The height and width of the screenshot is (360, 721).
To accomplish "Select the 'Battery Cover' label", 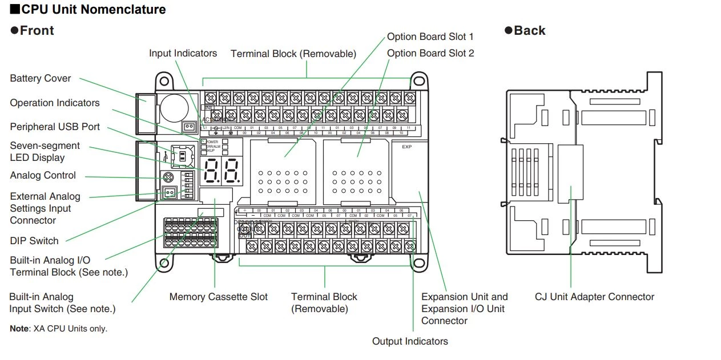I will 41,78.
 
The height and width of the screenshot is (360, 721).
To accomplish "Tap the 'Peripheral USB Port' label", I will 55,127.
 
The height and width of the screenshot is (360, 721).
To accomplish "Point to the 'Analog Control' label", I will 43,175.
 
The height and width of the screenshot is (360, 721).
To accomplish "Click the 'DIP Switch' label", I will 34,241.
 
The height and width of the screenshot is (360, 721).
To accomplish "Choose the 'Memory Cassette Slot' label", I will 218,297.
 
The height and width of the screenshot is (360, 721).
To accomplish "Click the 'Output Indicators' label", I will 410,341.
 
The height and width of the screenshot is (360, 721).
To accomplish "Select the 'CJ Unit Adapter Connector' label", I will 594,297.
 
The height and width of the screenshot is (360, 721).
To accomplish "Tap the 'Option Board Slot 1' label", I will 430,37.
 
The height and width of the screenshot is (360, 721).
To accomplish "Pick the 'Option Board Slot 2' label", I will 430,53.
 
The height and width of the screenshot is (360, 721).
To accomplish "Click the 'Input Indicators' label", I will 183,53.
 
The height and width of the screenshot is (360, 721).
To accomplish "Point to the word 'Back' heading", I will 529,31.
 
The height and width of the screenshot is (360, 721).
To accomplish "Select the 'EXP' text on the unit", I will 406,147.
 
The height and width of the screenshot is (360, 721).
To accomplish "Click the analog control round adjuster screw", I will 168,177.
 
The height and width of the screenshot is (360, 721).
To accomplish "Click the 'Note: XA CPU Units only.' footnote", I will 58,329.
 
